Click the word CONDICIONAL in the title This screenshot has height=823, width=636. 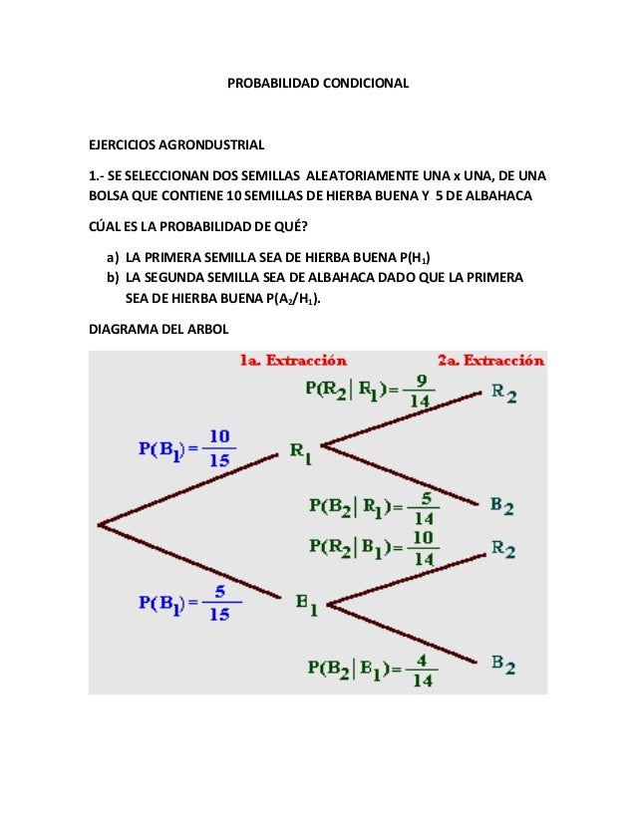pos(364,83)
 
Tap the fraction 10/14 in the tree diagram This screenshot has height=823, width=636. pos(424,548)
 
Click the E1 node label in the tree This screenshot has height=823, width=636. pos(307,604)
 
